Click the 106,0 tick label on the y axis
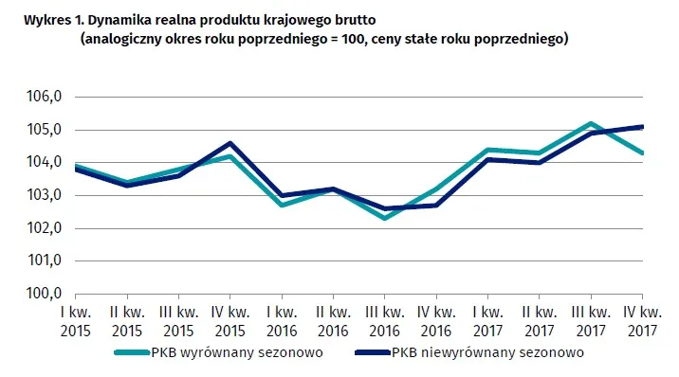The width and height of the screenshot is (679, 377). pos(45,96)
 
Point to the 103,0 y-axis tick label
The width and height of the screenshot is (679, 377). pos(45,195)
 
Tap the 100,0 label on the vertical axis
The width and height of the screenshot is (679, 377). pos(45,293)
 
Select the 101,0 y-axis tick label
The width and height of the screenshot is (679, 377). pos(45,260)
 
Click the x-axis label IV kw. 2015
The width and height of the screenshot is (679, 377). pos(229,321)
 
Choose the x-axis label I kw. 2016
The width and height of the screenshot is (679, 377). pos(282,321)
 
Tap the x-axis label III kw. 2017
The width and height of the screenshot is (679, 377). pos(591,321)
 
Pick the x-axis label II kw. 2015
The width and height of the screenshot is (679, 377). pos(127,321)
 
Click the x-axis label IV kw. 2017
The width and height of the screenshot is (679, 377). pos(643,321)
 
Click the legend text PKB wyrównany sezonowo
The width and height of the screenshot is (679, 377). pos(237,352)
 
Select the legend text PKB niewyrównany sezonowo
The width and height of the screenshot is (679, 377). pos(487,352)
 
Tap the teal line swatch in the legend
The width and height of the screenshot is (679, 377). pos(132,352)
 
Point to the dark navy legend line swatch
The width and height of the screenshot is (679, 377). pos(373,352)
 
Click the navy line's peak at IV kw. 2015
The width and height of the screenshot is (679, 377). pos(229,143)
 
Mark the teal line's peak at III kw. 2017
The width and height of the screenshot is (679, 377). pos(591,123)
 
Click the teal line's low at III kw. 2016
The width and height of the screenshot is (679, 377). pos(384,218)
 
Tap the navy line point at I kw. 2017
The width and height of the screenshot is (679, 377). pos(488,159)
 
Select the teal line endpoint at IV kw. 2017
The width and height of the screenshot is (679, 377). pos(642,153)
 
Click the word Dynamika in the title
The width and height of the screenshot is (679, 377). pos(108,20)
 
